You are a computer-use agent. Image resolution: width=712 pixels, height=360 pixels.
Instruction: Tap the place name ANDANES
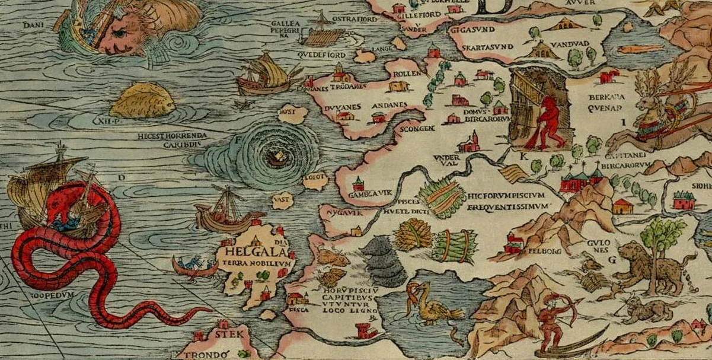click(388, 105)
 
